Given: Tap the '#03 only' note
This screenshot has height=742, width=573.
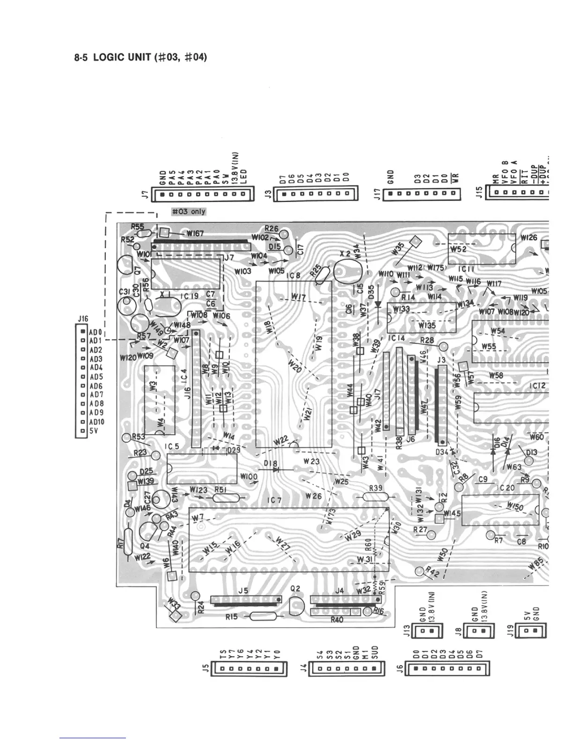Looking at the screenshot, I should (189, 211).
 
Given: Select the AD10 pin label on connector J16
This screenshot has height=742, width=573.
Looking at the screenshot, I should (97, 422).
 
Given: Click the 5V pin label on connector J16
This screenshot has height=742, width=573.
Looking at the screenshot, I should (94, 430).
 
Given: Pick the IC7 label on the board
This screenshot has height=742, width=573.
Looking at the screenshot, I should (274, 500).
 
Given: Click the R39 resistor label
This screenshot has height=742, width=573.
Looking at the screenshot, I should (376, 488).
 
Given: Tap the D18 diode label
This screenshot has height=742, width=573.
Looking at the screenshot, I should (271, 464).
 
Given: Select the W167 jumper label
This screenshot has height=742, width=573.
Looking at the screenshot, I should (195, 233).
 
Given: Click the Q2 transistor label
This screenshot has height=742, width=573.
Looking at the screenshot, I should (295, 589).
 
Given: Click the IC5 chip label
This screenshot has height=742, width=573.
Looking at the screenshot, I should (173, 446).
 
